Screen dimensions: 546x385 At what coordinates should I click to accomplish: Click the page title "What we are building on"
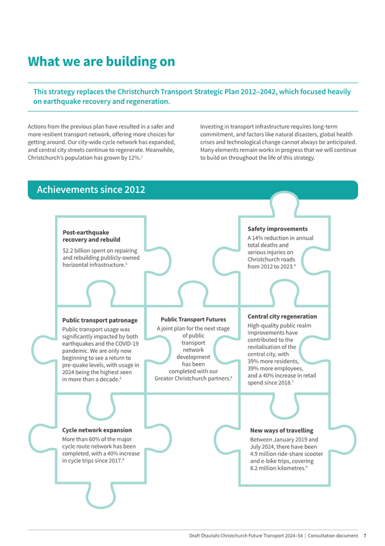tap(101, 62)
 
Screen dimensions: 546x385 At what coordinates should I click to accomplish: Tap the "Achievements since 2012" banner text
tap(91, 190)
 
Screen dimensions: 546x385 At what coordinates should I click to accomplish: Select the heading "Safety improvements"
tap(277, 229)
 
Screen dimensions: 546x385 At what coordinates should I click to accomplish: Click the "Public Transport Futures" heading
tap(193, 320)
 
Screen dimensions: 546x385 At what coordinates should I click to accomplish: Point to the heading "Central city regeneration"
tap(282, 317)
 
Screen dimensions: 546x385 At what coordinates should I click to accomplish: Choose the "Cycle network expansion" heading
tap(97, 430)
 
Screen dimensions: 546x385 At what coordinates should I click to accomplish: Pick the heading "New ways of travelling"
tap(282, 431)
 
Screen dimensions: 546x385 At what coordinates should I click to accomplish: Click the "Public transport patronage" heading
tap(100, 320)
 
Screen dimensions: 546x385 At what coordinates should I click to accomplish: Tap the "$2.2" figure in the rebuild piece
tap(68, 251)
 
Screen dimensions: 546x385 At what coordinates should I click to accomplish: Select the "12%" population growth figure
tap(134, 158)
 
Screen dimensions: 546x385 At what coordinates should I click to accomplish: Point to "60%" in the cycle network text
tap(95, 439)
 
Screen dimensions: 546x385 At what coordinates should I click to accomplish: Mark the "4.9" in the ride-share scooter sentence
tap(254, 454)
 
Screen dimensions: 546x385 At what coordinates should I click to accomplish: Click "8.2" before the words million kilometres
tap(254, 468)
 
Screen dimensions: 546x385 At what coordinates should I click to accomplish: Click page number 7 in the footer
tap(365, 536)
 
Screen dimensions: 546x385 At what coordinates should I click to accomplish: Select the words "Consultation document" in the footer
tap(332, 536)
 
